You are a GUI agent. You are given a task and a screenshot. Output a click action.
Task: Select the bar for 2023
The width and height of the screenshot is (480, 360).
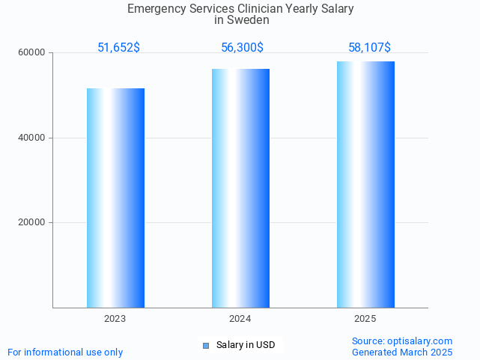coord(115,198)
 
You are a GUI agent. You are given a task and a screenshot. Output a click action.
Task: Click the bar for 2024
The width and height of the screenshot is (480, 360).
coord(240,188)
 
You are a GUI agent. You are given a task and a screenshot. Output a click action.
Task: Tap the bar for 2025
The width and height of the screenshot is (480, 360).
coord(365,184)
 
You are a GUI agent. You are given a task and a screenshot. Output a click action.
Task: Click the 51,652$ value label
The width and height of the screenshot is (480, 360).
coord(118,48)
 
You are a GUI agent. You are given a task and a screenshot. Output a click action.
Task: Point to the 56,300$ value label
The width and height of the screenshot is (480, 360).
coord(242,48)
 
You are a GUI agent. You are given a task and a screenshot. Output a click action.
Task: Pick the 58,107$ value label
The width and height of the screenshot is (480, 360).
coord(369,48)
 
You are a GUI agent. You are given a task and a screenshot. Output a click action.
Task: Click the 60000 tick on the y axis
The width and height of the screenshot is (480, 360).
coord(32,53)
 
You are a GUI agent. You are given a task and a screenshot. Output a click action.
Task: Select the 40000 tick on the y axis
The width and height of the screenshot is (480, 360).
coord(32,138)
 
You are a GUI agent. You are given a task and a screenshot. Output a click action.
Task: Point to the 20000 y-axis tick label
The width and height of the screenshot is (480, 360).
coord(32,222)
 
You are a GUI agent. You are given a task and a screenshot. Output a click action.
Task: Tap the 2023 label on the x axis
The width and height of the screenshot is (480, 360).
coord(115,319)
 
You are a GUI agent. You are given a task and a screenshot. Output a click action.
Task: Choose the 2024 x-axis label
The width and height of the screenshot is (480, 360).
coord(240,319)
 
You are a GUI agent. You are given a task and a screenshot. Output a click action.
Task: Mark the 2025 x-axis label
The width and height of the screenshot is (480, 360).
coord(365,319)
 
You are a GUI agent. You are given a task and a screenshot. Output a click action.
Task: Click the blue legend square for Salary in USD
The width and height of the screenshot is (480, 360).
coord(207,345)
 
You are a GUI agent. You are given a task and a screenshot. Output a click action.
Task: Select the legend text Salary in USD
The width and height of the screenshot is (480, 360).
coord(246,345)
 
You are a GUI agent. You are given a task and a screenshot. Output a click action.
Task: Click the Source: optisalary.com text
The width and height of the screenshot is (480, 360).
coord(402,341)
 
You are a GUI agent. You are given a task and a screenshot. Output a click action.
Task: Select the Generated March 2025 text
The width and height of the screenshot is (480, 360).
coord(402,352)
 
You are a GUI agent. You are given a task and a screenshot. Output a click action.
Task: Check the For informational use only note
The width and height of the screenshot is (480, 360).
coord(65,352)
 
